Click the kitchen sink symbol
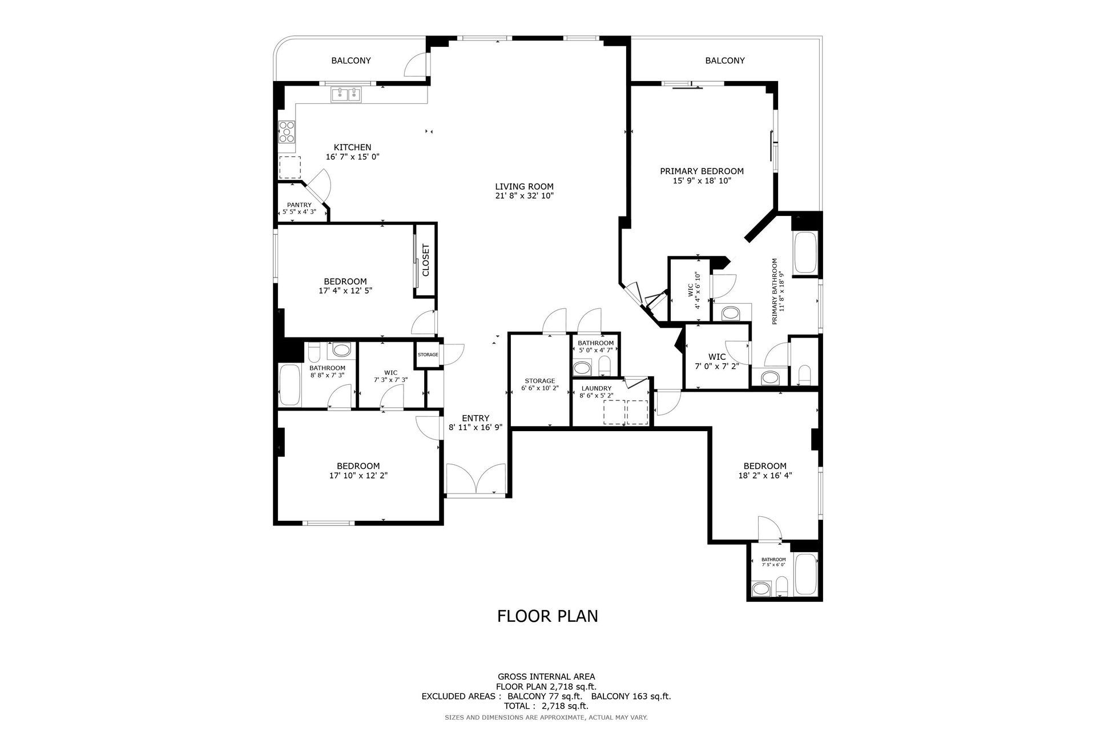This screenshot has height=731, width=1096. (346, 94)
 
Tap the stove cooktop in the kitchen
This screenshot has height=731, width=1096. (287, 132)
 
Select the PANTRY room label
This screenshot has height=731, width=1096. (299, 205)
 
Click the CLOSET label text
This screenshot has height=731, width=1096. (425, 260)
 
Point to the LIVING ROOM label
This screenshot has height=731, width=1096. (524, 186)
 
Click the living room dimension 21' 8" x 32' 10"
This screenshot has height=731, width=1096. (524, 196)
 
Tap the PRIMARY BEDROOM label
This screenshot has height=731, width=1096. (702, 171)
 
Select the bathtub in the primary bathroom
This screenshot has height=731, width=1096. (806, 253)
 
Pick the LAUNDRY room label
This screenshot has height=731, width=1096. (597, 388)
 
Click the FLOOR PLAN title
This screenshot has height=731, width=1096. (547, 616)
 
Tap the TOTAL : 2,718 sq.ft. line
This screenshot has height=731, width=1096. (546, 706)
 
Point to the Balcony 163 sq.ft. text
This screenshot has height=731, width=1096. (631, 696)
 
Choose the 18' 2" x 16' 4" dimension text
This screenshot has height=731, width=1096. (765, 475)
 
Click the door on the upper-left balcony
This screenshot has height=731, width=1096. (416, 65)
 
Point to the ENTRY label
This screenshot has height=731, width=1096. (476, 418)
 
